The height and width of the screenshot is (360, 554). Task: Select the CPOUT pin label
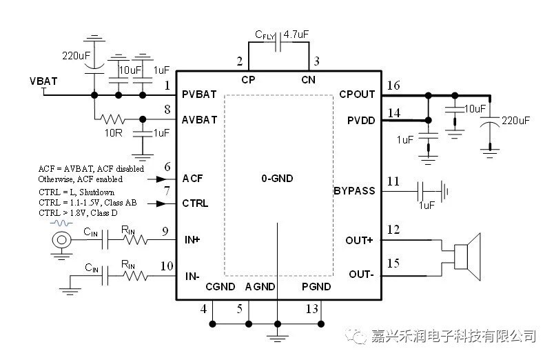point(357,94)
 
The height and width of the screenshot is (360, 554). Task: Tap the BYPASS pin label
point(354,190)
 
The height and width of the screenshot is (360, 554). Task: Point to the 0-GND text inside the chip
point(277,179)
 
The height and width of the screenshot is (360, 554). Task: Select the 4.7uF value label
point(297,32)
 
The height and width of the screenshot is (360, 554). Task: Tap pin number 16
point(393,86)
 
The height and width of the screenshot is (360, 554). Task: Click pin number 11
point(393,181)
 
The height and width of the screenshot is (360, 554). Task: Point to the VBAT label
point(43,81)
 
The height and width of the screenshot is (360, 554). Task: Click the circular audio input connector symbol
point(62,240)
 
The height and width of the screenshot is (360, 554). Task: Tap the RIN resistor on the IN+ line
point(135,240)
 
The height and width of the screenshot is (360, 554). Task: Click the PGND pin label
point(316,287)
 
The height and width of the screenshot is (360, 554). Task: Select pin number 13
point(312,309)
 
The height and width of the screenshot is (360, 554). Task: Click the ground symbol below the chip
point(277,337)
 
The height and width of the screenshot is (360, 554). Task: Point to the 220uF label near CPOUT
point(515,120)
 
